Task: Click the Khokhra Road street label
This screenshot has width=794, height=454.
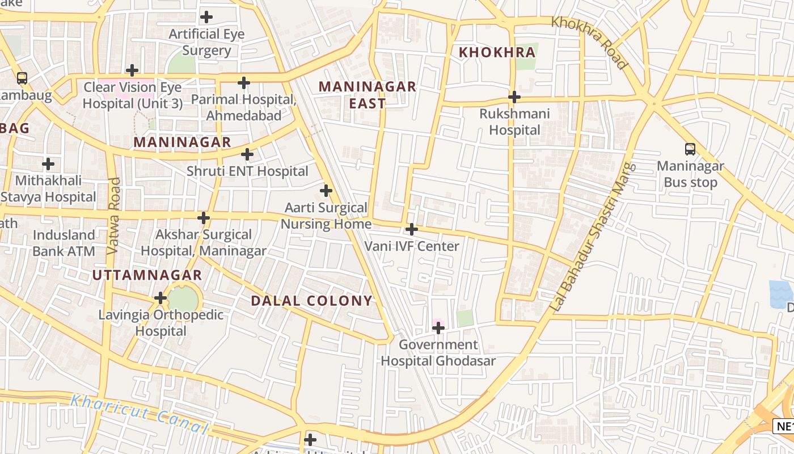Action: (x=590, y=43)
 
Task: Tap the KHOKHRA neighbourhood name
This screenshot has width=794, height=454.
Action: (x=497, y=52)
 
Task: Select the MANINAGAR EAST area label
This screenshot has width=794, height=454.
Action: (x=368, y=95)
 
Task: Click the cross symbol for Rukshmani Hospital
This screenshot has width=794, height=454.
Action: (x=514, y=97)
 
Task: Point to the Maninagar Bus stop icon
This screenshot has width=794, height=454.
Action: (x=690, y=149)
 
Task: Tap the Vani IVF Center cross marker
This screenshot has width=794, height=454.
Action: (x=412, y=230)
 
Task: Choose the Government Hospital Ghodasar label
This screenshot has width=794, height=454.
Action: (x=438, y=352)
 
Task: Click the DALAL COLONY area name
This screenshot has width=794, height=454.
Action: (x=312, y=301)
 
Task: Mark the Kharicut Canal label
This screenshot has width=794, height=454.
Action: (x=139, y=414)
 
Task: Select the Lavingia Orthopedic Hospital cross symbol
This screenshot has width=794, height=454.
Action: (x=161, y=298)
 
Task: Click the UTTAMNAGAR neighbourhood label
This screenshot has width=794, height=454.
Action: (x=147, y=275)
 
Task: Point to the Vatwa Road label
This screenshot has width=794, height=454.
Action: (x=113, y=216)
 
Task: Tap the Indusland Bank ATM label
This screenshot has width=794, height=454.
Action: (x=64, y=243)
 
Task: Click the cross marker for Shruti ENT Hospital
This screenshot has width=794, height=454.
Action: (x=247, y=154)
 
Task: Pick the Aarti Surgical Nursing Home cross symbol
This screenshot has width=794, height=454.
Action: (x=326, y=191)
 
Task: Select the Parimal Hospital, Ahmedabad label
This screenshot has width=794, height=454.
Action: (x=244, y=107)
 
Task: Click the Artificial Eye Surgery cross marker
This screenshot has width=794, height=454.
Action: (x=206, y=17)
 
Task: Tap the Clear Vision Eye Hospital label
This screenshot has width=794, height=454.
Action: (x=133, y=95)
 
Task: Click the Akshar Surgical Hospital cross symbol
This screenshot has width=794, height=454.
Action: (x=204, y=218)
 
